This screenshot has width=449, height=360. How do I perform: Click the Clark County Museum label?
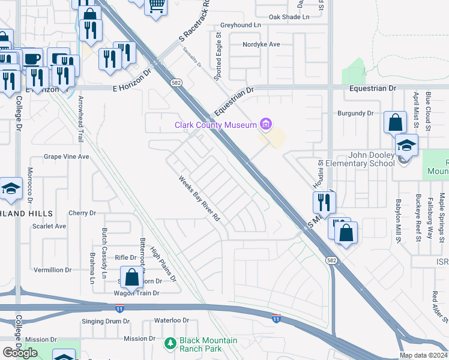click(x=215, y=125)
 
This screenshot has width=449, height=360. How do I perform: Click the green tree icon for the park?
click(x=170, y=344)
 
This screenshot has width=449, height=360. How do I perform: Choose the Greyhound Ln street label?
click(x=241, y=25)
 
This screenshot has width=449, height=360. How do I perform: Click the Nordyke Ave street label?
click(x=261, y=44)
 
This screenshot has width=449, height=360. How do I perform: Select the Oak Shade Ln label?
click(x=289, y=17)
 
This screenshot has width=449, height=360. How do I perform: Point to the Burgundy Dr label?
click(x=355, y=113)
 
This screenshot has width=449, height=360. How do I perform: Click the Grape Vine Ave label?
click(x=66, y=157)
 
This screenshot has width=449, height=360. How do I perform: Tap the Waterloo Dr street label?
click(x=172, y=320)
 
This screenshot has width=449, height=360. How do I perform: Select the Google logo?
click(x=20, y=353)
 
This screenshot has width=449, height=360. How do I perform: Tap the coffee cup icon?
click(x=32, y=59)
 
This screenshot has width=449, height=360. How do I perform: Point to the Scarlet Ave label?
click(x=49, y=226)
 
